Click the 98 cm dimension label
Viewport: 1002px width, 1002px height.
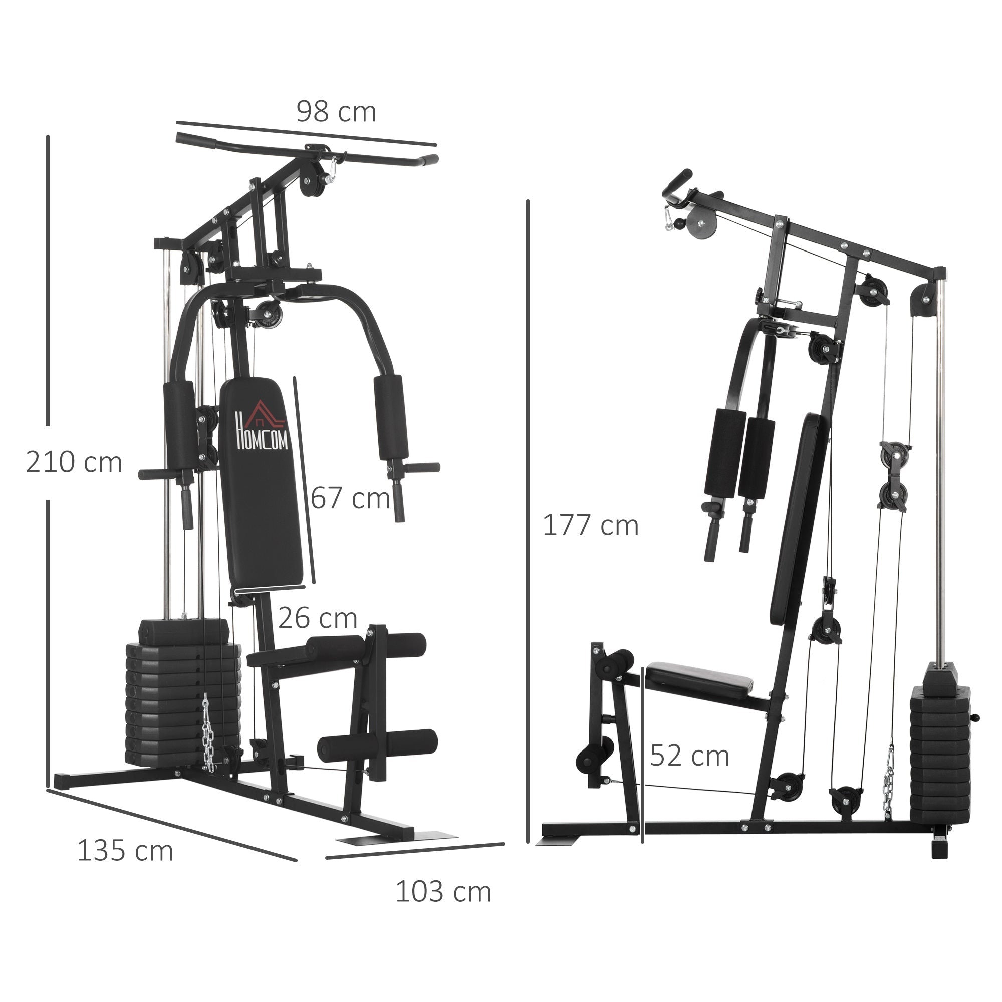[x=336, y=112]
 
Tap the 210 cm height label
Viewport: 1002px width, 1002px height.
[x=74, y=462]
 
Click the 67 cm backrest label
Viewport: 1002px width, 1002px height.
[x=350, y=498]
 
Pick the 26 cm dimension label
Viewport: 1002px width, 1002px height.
[x=318, y=618]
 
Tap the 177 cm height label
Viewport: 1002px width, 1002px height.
[x=590, y=526]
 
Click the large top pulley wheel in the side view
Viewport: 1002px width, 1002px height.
[x=701, y=224]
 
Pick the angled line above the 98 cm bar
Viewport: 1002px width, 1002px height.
[x=306, y=133]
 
